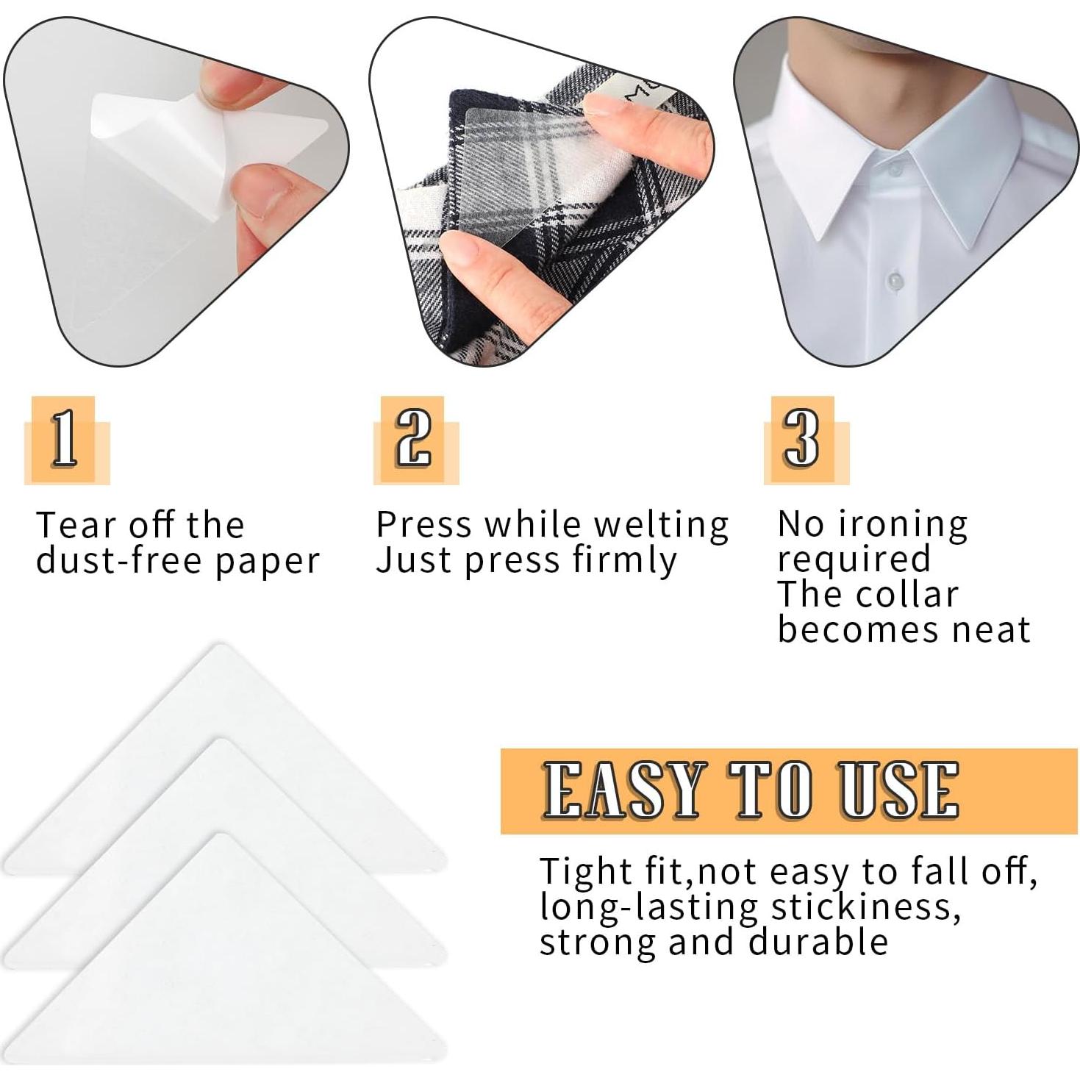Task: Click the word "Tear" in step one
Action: (76, 526)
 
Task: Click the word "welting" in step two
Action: (660, 526)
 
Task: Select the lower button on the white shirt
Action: (894, 280)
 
